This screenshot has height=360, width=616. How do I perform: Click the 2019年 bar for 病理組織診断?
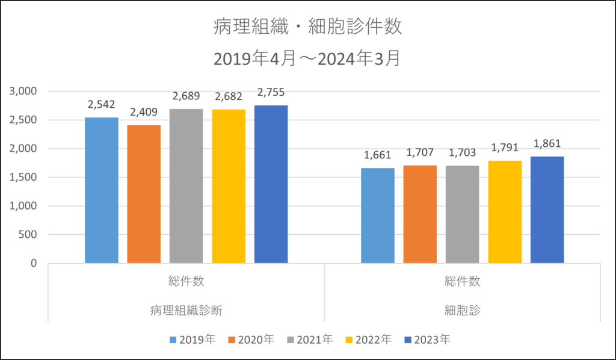[x=102, y=190]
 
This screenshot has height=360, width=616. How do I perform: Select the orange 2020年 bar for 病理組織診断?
[x=144, y=194]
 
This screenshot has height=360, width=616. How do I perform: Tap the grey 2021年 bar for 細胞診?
[x=463, y=214]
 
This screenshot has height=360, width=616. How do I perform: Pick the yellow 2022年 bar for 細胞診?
[x=505, y=212]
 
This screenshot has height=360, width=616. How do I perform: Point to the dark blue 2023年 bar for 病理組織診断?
[x=271, y=184]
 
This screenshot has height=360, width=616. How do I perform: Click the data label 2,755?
[x=271, y=93]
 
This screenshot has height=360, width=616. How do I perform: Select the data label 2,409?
[x=144, y=113]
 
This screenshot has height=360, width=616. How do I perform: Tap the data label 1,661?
[x=378, y=155]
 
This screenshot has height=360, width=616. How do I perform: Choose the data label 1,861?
[x=547, y=144]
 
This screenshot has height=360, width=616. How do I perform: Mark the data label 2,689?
[x=186, y=96]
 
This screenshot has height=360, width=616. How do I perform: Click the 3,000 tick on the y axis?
[x=23, y=92]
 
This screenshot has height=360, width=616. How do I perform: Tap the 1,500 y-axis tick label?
[x=23, y=178]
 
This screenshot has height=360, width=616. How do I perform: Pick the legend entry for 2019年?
[x=192, y=340]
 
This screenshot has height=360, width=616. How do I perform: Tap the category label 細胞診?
[x=463, y=311]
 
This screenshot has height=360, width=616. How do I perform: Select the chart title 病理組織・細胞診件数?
[x=307, y=26]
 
